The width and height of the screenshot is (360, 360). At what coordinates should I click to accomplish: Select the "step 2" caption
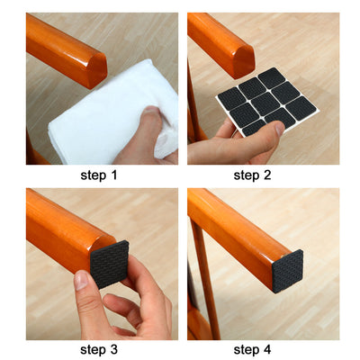(x=261, y=175)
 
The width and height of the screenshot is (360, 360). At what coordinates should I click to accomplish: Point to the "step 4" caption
(x=261, y=350)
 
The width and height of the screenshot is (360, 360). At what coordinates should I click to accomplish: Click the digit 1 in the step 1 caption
(x=117, y=175)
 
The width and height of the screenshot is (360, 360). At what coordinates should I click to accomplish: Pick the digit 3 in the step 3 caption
(x=117, y=350)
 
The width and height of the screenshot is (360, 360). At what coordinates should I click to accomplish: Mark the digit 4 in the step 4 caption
(x=280, y=350)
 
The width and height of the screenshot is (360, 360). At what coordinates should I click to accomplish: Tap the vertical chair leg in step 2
(x=193, y=117)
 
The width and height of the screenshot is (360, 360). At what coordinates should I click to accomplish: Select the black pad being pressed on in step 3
(x=111, y=265)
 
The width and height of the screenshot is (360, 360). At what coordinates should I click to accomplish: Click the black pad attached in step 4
(x=289, y=266)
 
